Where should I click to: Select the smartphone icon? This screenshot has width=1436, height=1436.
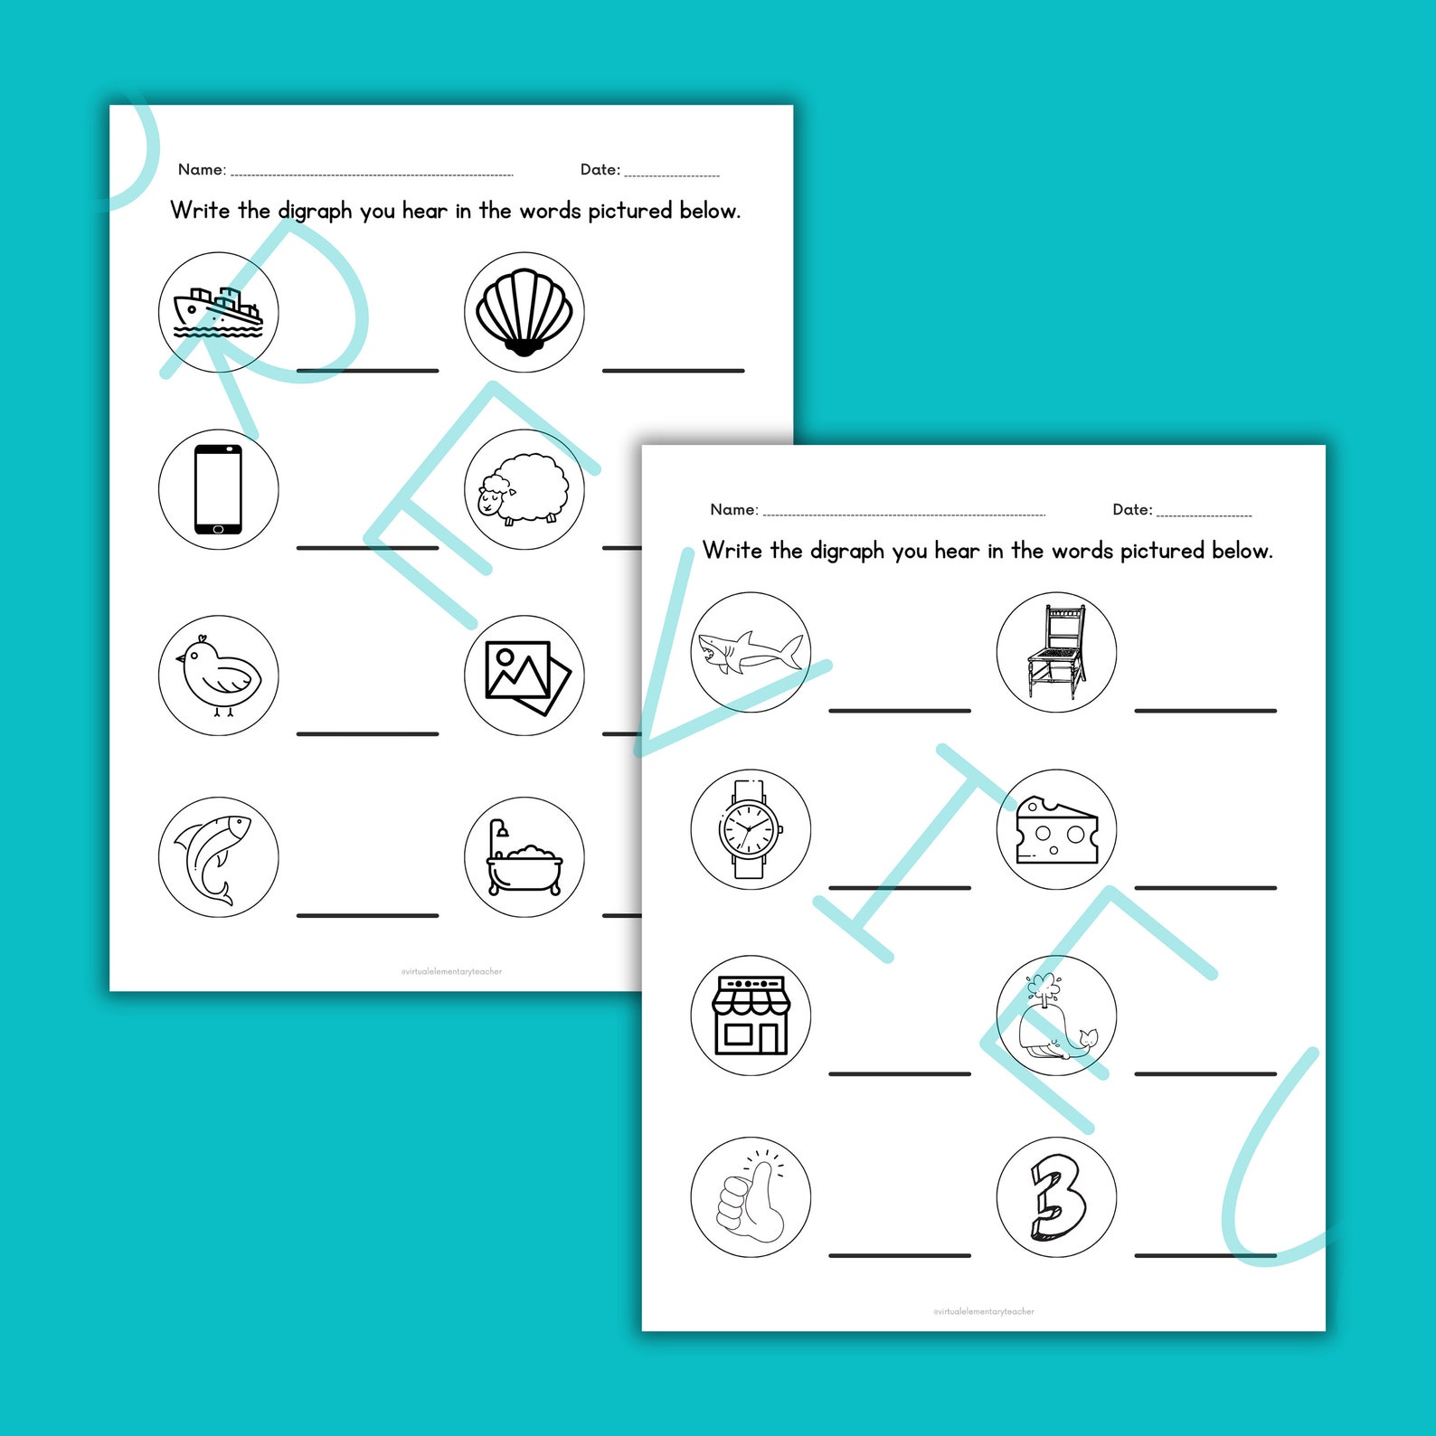(x=218, y=489)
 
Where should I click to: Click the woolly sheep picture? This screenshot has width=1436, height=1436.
(x=524, y=489)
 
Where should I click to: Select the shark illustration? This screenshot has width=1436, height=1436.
(x=750, y=652)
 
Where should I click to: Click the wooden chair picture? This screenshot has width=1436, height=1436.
(x=1056, y=652)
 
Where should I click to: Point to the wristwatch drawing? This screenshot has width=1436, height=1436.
(x=750, y=829)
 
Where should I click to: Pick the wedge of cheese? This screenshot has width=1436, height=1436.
(x=1056, y=830)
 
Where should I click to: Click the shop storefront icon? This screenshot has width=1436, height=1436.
(x=751, y=1015)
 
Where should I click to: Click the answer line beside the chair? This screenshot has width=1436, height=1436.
(x=1205, y=711)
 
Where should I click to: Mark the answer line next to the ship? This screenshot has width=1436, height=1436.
(x=367, y=370)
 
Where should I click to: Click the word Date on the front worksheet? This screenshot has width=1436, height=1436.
(x=1131, y=510)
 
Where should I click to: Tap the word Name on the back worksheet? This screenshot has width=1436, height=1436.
(x=201, y=170)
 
